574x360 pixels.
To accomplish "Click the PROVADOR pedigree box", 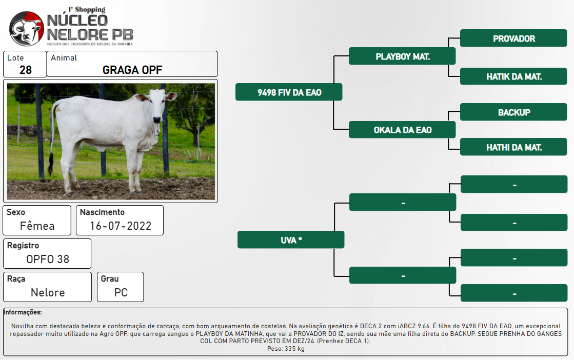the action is click(x=513, y=38).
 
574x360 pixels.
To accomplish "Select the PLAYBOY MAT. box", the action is click(x=402, y=56).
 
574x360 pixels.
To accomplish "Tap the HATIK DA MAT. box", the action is click(x=513, y=76).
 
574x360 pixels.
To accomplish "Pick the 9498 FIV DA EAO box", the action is click(x=289, y=92).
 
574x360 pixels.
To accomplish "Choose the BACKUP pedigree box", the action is click(x=513, y=112).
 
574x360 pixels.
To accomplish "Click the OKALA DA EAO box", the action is click(x=402, y=130).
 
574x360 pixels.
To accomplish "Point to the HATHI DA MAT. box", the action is click(x=513, y=147).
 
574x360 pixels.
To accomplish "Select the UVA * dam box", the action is click(x=291, y=240).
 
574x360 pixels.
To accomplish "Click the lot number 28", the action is click(x=26, y=70).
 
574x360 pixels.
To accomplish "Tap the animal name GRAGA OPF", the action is click(x=132, y=70).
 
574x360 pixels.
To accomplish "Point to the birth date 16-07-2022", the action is click(x=121, y=226).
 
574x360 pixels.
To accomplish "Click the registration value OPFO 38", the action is click(x=48, y=259).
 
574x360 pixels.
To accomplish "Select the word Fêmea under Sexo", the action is click(x=37, y=226).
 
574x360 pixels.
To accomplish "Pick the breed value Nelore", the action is click(x=48, y=292).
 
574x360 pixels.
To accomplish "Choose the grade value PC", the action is click(x=121, y=292).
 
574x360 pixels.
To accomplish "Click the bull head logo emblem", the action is click(x=26, y=28).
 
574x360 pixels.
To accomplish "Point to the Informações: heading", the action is click(x=23, y=312).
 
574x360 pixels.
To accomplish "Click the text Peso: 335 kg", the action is click(x=286, y=349).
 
